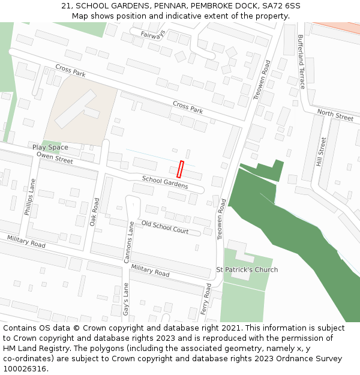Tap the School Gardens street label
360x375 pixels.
pos(165,182)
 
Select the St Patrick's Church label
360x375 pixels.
pos(247,270)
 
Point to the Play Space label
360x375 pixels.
pos(50,148)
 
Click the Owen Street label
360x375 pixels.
pos(55,157)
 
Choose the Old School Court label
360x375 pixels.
pos(164,226)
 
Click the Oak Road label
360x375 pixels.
pos(94,212)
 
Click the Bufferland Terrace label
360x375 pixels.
pos(301,61)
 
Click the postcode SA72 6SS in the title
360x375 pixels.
pos(280,6)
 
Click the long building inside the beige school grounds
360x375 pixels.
pos(76,109)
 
